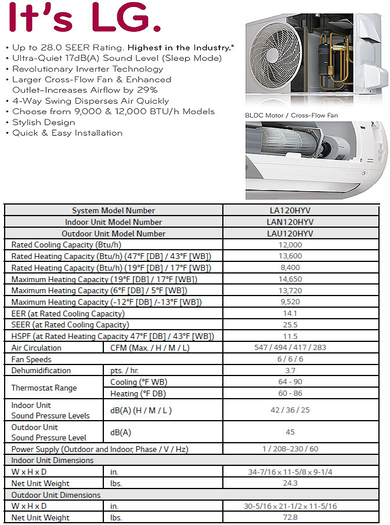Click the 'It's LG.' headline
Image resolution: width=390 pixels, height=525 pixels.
click(81, 20)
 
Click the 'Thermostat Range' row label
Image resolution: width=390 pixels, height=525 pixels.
click(44, 388)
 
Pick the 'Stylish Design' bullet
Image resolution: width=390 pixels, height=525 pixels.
click(44, 122)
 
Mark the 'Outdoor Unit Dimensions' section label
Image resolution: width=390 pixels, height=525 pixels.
click(56, 495)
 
